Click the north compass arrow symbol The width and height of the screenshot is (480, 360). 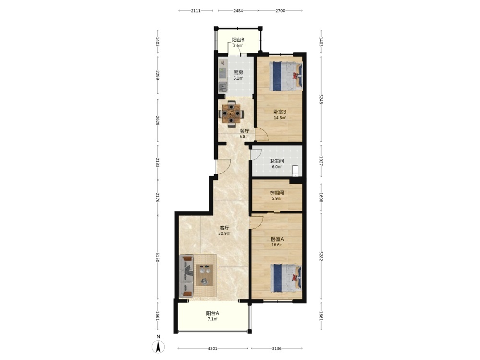pyautogui.click(x=158, y=347)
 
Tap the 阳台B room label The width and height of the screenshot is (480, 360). pyautogui.click(x=238, y=40)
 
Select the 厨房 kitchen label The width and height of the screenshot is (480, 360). pyautogui.click(x=238, y=72)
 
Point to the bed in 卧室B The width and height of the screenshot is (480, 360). pyautogui.click(x=286, y=76)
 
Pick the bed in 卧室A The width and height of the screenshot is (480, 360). pyautogui.click(x=286, y=278)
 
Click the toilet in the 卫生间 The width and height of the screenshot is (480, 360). pyautogui.click(x=295, y=170)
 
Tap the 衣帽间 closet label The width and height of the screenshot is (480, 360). pyautogui.click(x=276, y=192)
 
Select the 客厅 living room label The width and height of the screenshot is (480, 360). pyautogui.click(x=224, y=228)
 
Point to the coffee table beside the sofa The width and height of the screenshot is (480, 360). pyautogui.click(x=204, y=275)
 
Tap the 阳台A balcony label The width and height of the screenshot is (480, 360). pyautogui.click(x=213, y=313)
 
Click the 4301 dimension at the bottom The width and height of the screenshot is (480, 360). pyautogui.click(x=213, y=348)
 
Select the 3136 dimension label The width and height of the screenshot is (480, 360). pyautogui.click(x=277, y=348)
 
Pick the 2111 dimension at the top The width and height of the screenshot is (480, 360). pyautogui.click(x=196, y=11)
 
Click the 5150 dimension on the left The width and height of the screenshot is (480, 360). pyautogui.click(x=158, y=257)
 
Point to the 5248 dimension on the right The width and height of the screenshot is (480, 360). pyautogui.click(x=321, y=99)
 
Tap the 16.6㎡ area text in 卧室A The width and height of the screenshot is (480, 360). pyautogui.click(x=277, y=245)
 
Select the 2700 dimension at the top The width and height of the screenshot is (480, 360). pyautogui.click(x=280, y=11)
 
